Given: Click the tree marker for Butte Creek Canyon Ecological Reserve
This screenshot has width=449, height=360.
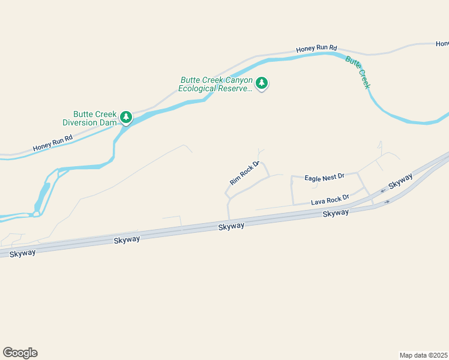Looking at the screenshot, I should pos(261,83).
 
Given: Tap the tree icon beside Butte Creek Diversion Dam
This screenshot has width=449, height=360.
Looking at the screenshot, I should pos(126,117).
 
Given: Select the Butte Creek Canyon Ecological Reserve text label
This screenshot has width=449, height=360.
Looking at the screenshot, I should pos(215,85).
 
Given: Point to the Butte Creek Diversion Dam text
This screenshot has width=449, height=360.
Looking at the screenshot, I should pos(90,118).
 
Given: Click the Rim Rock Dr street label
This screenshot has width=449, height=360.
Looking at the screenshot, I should pos(244,172).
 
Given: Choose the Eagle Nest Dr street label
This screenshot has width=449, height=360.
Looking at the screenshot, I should pos(324,176).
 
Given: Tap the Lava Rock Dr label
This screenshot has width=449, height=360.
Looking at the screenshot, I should pos(330,200).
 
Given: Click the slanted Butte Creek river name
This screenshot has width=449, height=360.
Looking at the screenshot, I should pos(357,72).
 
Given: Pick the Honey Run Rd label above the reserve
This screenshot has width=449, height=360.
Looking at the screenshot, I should pos(316,48).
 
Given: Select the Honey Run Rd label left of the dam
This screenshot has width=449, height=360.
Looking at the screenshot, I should pos(53,142).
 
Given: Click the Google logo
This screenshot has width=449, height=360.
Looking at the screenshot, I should pos(20,353).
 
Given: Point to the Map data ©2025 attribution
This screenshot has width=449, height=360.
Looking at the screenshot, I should pos(424,355).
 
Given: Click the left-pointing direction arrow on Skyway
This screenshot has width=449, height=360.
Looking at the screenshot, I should pos(382,191).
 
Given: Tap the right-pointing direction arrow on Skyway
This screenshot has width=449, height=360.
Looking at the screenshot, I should pos(387,202).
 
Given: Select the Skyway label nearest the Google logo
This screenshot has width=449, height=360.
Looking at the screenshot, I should pos(22,253).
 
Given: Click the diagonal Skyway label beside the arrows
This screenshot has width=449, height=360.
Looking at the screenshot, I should pos(400,182).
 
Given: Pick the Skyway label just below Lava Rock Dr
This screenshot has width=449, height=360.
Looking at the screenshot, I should pos(335,214).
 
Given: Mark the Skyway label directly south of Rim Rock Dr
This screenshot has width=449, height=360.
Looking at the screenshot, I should pos(231,226).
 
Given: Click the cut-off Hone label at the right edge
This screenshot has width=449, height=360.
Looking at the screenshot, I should pos(442,44).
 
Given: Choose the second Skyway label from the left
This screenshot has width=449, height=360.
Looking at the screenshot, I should pos(127,239).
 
